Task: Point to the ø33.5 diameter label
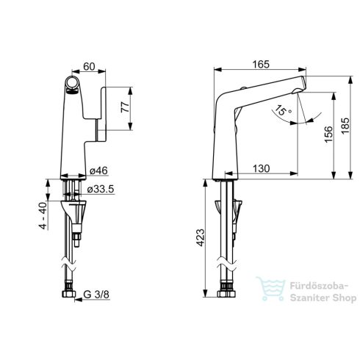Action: pos(101,190)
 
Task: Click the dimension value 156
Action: pos(328,132)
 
